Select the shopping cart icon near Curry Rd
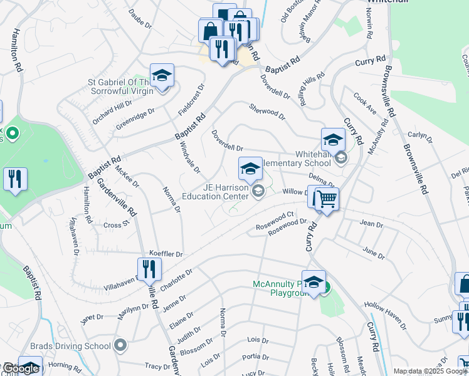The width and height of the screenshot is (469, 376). coord(327,200)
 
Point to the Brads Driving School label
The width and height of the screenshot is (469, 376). coord(71,345)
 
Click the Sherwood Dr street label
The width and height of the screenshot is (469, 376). coord(267,112)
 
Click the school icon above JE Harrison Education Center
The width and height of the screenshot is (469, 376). coord(250,169)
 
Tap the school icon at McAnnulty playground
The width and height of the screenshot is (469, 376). coord(314,283)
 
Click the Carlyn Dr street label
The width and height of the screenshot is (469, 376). coord(420,137)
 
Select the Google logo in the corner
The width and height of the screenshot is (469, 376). coord(20,369)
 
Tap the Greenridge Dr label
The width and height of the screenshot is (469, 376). coord(135,120)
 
